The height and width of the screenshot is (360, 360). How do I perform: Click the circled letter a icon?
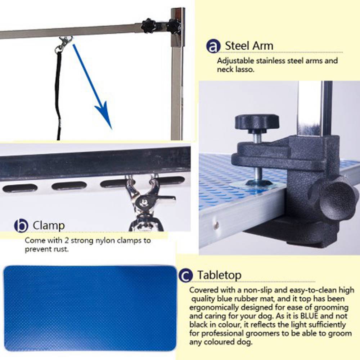pos(213,46)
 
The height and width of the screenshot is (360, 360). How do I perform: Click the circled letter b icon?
pos(21,226)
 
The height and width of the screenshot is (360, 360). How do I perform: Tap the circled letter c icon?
pos(185,275)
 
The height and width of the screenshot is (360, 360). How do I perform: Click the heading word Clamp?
pos(49,226)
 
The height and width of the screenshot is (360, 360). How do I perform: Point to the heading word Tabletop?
pos(219,275)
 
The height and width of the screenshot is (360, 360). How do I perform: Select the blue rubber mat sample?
pos(90,308)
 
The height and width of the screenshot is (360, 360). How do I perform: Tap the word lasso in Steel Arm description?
pos(246,70)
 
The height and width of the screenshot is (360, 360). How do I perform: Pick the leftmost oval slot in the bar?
pos(20,188)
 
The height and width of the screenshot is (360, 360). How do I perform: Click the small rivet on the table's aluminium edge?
pos(216,226)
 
